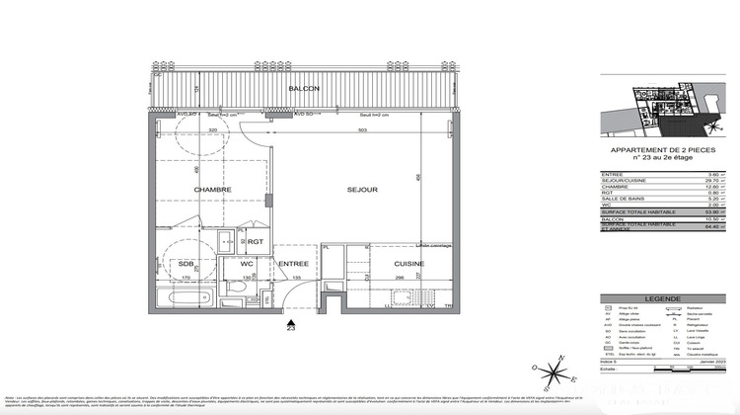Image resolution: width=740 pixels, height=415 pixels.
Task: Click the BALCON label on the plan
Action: [x=303, y=90]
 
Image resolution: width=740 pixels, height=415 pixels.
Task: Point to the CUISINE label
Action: [x=408, y=264]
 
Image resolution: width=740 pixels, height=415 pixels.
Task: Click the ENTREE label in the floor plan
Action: [x=293, y=264]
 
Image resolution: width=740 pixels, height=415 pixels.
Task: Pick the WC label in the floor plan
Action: [x=247, y=264]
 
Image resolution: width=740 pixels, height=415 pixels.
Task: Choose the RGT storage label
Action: [x=255, y=241]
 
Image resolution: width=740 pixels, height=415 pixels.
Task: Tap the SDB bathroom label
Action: [x=185, y=264]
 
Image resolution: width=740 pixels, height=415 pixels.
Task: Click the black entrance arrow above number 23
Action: [x=289, y=321]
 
